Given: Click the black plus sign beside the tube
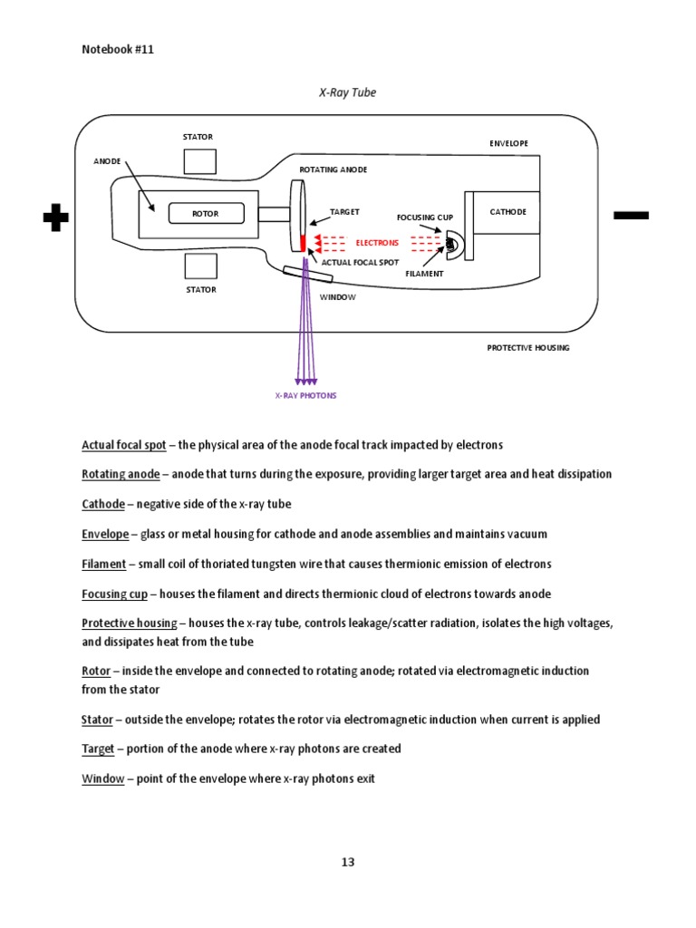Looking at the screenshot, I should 55,217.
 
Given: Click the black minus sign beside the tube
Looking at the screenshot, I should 631,215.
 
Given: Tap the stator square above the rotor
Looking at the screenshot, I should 199,160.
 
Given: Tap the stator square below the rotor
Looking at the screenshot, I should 199,266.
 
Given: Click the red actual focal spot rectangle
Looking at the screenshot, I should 304,243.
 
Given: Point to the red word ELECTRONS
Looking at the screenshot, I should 377,243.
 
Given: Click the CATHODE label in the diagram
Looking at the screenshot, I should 507,212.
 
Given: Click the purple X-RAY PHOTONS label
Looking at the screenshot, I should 305,396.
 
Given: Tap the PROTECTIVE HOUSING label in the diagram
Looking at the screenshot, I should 528,348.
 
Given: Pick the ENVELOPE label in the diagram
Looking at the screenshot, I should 508,143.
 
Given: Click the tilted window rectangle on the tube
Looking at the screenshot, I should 295,274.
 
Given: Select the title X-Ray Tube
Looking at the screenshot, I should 347,92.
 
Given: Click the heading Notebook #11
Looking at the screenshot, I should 118,50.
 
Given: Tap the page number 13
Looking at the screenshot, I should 348,862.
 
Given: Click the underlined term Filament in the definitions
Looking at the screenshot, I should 103,564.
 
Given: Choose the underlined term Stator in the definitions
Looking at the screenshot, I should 97,720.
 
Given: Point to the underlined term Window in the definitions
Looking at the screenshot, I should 102,778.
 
